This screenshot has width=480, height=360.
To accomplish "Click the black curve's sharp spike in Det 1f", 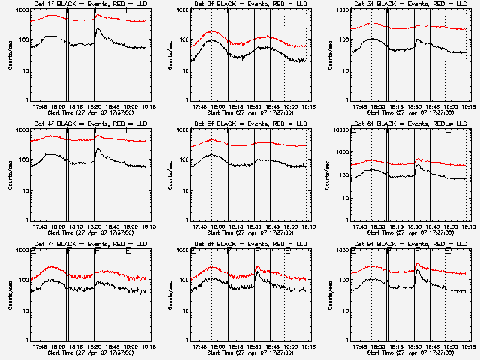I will click(x=97, y=28).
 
